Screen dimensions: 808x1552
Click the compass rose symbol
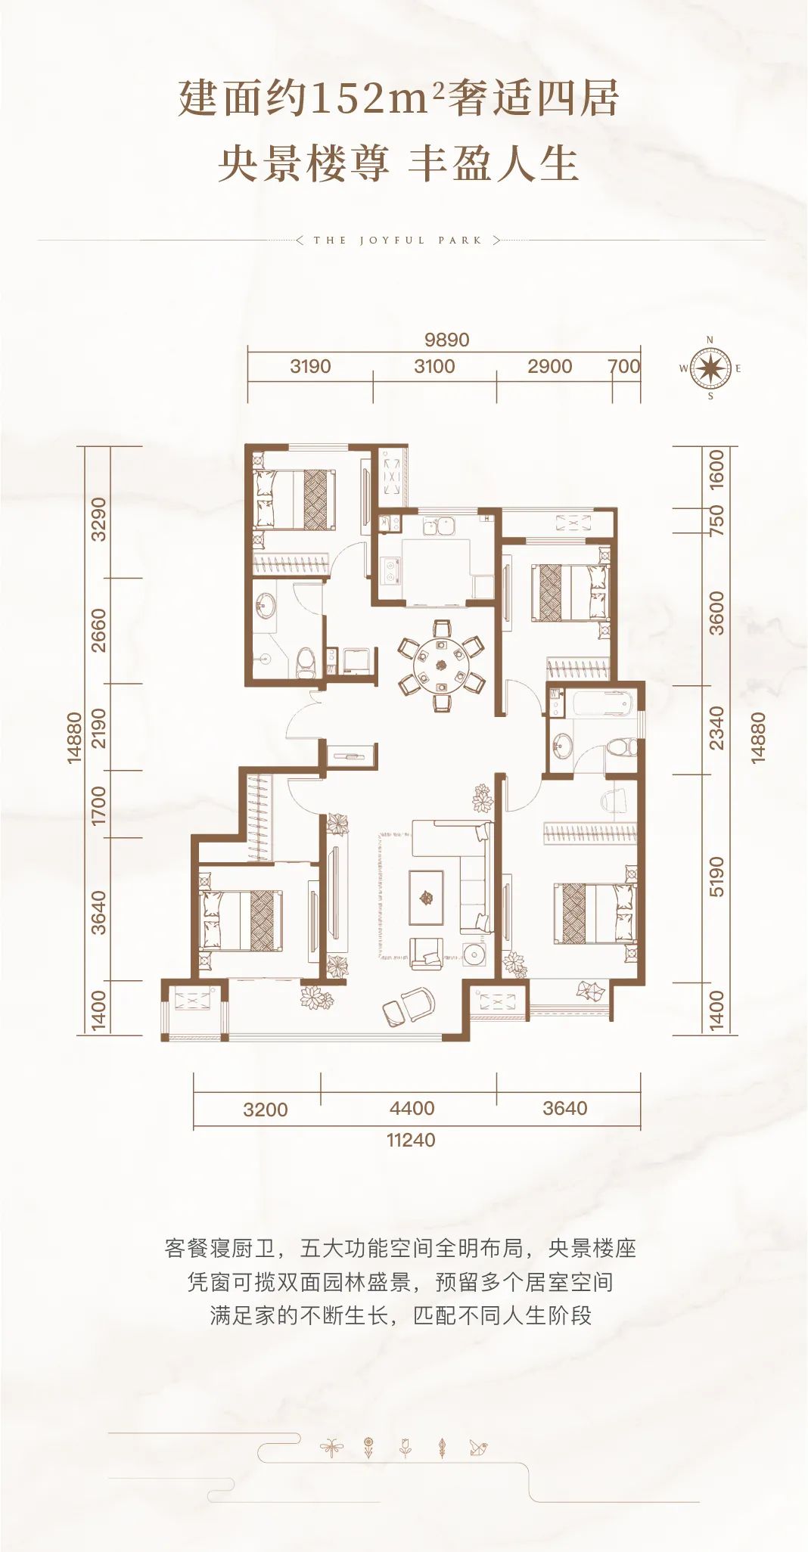click(x=710, y=369)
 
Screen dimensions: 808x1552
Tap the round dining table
click(x=442, y=665)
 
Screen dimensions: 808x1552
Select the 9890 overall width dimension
click(x=446, y=340)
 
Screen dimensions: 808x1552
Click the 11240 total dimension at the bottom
click(x=411, y=1140)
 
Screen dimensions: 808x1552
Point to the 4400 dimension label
click(x=412, y=1108)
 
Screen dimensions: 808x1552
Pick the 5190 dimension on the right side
click(x=716, y=877)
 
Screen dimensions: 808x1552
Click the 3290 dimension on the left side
click(x=98, y=520)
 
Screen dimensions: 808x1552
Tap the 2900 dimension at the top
click(x=550, y=366)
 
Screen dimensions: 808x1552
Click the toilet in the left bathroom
click(x=306, y=660)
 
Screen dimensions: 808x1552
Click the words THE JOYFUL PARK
click(x=398, y=241)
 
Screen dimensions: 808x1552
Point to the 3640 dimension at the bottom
click(x=565, y=1108)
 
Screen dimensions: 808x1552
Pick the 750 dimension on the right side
click(x=716, y=520)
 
